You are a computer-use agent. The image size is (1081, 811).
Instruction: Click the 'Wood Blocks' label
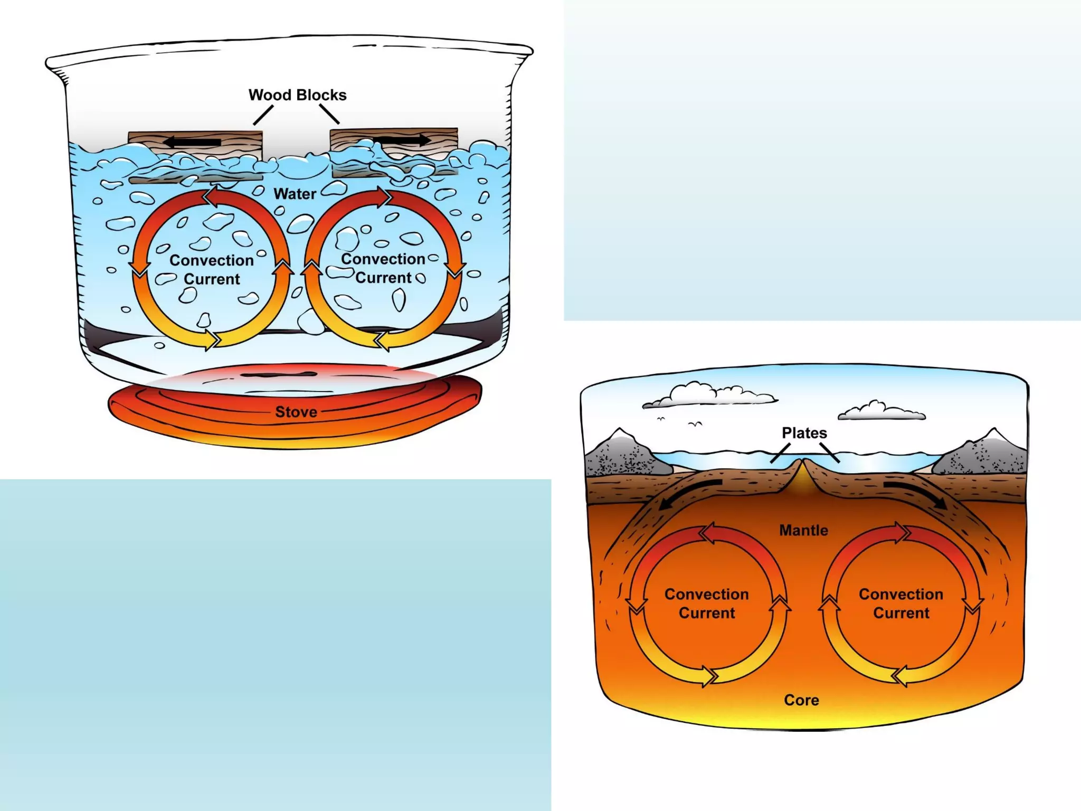297,95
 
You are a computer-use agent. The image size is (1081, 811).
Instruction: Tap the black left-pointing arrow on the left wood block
192,142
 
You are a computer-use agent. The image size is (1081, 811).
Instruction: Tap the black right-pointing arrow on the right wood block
403,140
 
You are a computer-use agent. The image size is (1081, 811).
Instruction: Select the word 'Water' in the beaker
295,194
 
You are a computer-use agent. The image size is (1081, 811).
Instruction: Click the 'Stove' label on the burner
296,412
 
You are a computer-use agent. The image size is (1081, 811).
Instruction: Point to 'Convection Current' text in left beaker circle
211,270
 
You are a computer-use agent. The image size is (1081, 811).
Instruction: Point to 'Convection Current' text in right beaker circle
383,268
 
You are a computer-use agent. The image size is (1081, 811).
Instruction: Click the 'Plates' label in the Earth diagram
804,433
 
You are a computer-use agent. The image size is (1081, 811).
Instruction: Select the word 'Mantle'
803,530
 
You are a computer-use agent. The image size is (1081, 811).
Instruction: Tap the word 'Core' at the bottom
801,700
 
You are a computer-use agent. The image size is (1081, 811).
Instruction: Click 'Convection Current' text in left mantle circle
706,603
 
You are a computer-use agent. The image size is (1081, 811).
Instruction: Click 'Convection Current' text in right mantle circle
900,603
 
